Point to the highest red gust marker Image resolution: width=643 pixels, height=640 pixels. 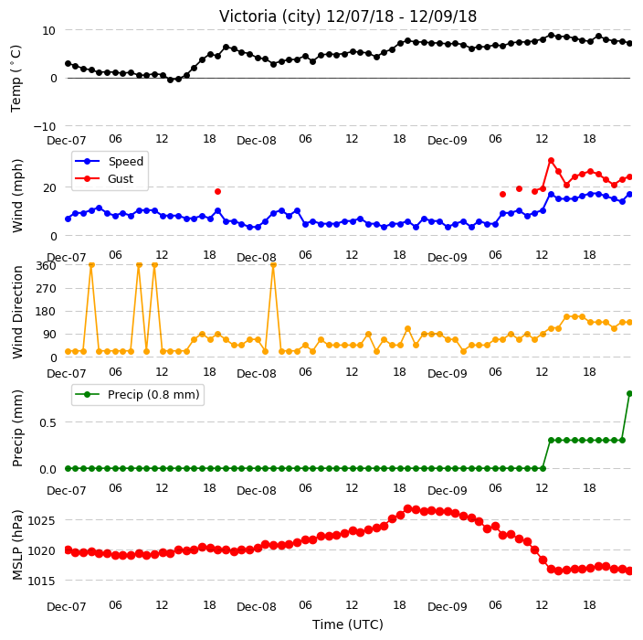pyautogui.click(x=551, y=161)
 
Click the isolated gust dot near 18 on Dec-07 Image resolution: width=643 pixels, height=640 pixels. pyautogui.click(x=217, y=192)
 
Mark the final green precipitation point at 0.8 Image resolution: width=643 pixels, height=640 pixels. pyautogui.click(x=630, y=394)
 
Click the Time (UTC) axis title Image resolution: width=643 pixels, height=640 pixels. pyautogui.click(x=348, y=624)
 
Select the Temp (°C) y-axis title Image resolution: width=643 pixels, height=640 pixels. pyautogui.click(x=16, y=78)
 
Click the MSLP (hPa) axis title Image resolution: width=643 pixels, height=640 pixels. pyautogui.click(x=17, y=545)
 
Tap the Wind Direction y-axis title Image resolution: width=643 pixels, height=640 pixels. pyautogui.click(x=17, y=312)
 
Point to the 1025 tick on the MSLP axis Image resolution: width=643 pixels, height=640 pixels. pyautogui.click(x=41, y=521)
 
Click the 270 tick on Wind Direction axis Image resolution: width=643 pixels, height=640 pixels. pyautogui.click(x=46, y=289)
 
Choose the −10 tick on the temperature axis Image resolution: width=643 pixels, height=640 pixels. pyautogui.click(x=44, y=126)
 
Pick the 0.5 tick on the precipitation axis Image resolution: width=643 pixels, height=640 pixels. pyautogui.click(x=47, y=422)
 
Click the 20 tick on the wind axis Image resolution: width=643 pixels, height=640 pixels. pyautogui.click(x=49, y=188)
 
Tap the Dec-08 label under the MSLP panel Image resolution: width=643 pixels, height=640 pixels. pyautogui.click(x=257, y=607)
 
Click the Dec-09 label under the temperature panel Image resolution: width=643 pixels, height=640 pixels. pyautogui.click(x=447, y=141)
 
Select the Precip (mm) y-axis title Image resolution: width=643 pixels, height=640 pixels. pyautogui.click(x=17, y=428)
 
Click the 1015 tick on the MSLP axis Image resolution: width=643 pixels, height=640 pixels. pyautogui.click(x=41, y=581)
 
